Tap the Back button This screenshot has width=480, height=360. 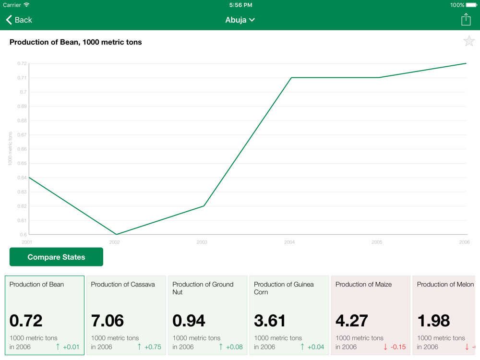coord(19,20)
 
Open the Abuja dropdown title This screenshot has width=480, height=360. coord(240,20)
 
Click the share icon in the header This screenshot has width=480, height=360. coord(466,19)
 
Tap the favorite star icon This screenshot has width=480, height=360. coord(469,41)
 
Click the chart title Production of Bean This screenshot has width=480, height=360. coord(76,42)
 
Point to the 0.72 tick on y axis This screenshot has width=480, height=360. coord(22,63)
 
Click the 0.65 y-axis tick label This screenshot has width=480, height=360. coord(22,163)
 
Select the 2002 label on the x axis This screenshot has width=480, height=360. coord(114,242)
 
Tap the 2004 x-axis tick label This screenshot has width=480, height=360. coord(289,242)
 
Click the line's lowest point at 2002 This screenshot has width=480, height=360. coord(116,234)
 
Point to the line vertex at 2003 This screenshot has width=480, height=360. coord(204,206)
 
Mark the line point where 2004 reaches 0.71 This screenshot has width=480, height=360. coord(291,78)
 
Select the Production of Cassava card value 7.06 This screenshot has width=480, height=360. coord(108,320)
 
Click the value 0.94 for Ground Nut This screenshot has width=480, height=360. coord(189,320)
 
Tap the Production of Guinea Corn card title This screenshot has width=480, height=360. coord(284,288)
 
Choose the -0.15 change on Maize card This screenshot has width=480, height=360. coord(397,347)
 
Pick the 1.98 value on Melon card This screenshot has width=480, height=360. coord(434,320)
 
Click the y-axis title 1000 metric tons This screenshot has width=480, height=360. coord(10,149)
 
